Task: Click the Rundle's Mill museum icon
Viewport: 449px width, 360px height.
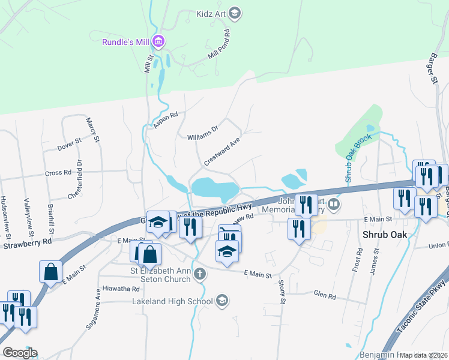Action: coord(159,41)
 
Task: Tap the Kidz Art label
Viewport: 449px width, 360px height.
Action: coord(212,12)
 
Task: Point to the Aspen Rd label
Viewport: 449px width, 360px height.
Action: coord(166,121)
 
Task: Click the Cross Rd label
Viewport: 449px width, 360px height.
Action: coord(58,173)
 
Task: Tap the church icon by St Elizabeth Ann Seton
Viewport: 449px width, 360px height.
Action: coord(199,274)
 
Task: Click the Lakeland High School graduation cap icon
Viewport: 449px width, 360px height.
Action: coord(222,300)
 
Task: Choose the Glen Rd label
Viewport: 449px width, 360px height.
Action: coord(325,293)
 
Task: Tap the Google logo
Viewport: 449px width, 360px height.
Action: coord(20,353)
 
